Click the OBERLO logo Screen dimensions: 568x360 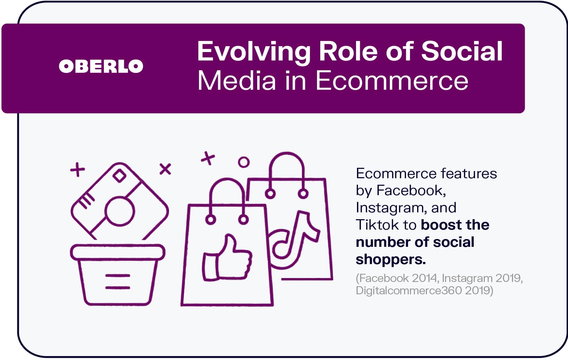tap(101, 66)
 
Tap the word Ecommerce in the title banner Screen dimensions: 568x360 tap(392, 81)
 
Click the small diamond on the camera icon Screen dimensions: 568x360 tap(119, 176)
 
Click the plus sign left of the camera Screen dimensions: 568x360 tap(78, 169)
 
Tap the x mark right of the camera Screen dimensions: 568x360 tap(165, 169)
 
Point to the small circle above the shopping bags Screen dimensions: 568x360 tap(244, 162)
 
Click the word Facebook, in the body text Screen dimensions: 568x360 tap(411, 190)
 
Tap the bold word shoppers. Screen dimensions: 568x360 tap(391, 260)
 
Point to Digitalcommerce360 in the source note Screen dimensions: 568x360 tap(409, 290)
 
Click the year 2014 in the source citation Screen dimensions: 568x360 tap(424, 278)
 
